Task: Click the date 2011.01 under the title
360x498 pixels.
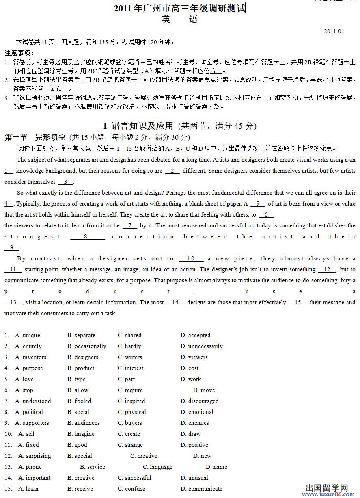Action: (334, 31)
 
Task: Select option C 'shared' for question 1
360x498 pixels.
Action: (129, 335)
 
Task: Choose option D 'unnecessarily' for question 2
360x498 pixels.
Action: (201, 346)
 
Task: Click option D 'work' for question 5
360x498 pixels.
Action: (191, 379)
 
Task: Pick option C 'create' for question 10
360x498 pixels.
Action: (129, 434)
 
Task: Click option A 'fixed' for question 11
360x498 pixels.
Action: (28, 445)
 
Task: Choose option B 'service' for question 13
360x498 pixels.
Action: (92, 467)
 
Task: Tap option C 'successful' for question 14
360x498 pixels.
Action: (134, 478)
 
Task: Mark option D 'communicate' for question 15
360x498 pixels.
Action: (201, 489)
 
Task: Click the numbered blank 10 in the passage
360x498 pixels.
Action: (190, 258)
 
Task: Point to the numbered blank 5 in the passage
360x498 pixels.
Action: (258, 204)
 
